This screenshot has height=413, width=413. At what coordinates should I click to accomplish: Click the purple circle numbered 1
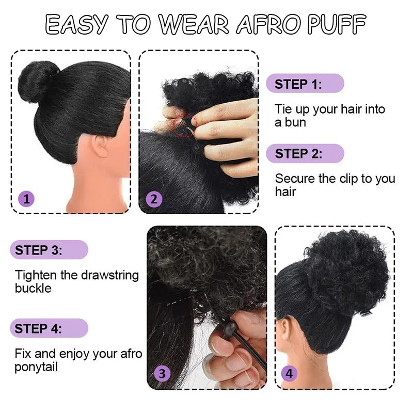tap(26, 199)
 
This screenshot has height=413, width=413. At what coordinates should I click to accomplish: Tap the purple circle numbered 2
tap(154, 199)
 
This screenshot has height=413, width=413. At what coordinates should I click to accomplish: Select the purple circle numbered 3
tap(162, 373)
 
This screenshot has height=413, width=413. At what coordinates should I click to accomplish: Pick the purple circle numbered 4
tap(289, 373)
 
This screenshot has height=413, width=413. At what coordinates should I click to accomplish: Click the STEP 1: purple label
tap(305, 84)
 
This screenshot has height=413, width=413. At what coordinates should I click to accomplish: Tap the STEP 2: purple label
tap(305, 153)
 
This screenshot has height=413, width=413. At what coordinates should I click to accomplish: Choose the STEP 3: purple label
tap(49, 250)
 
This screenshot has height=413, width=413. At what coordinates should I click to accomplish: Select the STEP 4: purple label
tap(49, 328)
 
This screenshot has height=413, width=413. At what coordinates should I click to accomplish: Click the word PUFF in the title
tap(337, 24)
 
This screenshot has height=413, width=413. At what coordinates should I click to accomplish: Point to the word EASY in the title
tap(76, 24)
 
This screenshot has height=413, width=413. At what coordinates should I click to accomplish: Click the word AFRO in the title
tap(268, 24)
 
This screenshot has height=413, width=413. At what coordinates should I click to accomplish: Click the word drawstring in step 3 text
tap(110, 275)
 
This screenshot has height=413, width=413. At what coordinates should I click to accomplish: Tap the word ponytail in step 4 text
tap(36, 367)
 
